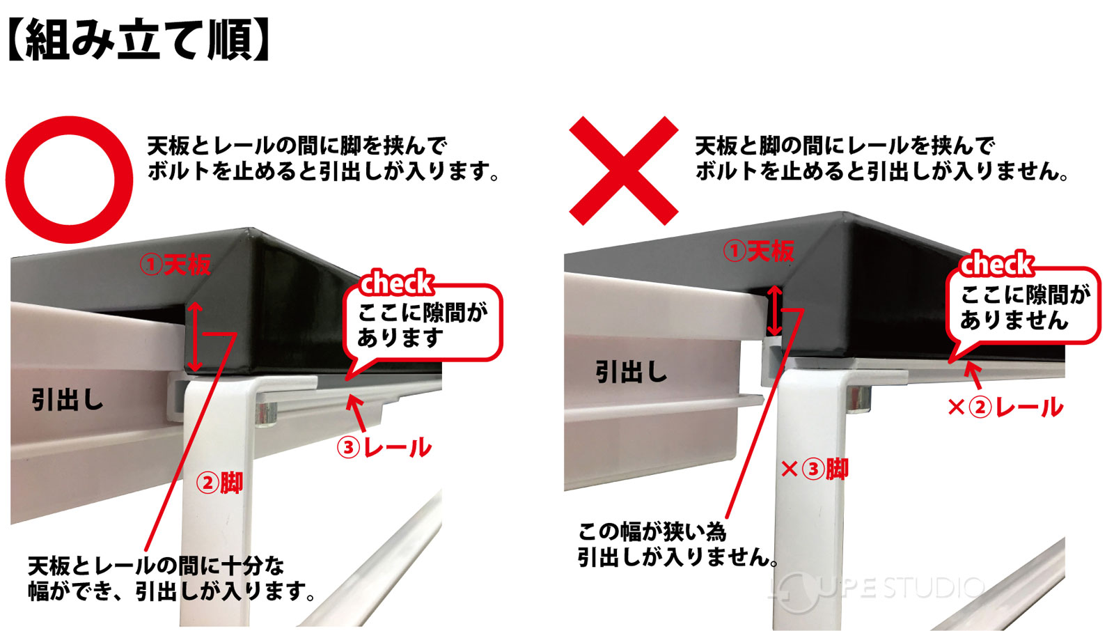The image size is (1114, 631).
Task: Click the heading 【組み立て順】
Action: tap(138, 40)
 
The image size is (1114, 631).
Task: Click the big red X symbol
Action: tap(623, 171)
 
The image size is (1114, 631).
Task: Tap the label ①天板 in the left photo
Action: tap(175, 265)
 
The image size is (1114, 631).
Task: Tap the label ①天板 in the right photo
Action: tap(758, 251)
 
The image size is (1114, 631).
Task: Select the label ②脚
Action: tap(219, 482)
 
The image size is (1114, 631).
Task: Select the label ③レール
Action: tap(384, 447)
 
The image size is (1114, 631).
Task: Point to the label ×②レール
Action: tap(1005, 407)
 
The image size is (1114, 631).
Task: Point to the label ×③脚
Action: tap(815, 469)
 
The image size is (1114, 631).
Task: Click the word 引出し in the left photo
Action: tap(68, 400)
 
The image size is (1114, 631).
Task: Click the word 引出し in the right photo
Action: tap(631, 372)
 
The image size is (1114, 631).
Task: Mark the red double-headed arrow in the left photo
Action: tap(196, 336)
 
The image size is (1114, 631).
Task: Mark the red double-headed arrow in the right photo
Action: tap(774, 310)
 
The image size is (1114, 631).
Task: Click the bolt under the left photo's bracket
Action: tap(267, 415)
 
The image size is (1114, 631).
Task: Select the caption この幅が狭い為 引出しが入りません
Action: tap(675, 544)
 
